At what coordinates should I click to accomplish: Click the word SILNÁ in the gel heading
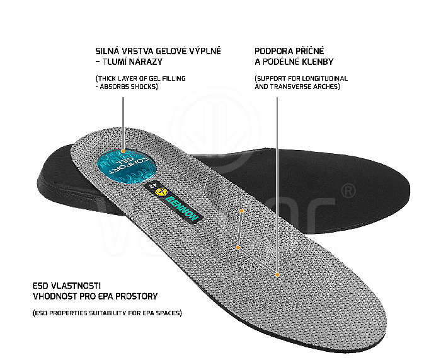click(107, 50)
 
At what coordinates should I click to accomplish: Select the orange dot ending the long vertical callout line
click(277, 274)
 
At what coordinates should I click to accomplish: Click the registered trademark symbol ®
click(348, 190)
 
